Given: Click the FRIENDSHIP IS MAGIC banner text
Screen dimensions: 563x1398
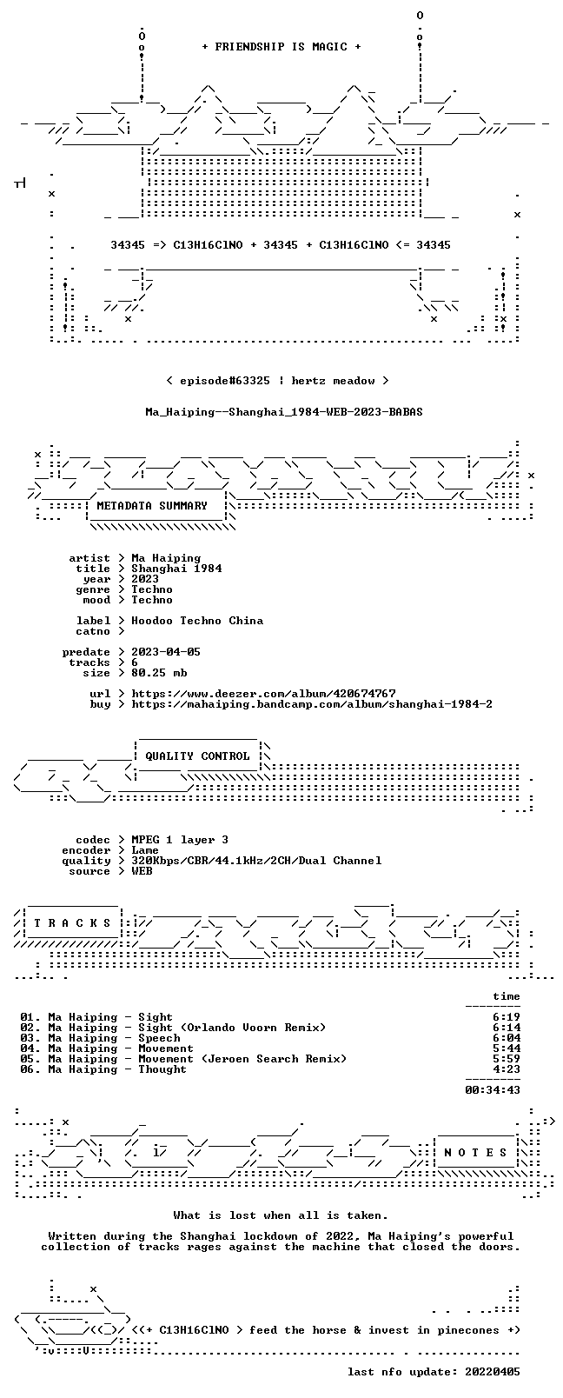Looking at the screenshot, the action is tap(281, 47).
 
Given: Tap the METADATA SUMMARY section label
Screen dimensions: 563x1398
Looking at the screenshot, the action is tap(152, 505).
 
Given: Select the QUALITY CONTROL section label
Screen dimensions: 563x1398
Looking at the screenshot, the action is tap(197, 756).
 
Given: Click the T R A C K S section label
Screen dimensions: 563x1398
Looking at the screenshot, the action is tap(72, 923).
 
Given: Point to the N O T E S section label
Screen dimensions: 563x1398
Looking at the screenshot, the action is tap(476, 1153).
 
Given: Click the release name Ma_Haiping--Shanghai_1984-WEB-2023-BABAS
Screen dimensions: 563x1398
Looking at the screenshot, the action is tap(284, 412).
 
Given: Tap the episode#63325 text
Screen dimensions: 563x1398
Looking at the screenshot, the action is tap(225, 381).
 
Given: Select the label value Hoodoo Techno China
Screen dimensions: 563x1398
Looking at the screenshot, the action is tap(197, 621).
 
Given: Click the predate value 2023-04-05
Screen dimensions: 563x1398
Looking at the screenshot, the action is tap(166, 652).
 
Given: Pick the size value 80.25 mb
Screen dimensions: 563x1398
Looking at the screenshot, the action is tap(159, 673).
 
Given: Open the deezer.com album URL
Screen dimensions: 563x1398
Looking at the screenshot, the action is tap(263, 694).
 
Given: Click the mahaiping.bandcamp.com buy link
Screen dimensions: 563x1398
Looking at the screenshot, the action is tap(312, 704).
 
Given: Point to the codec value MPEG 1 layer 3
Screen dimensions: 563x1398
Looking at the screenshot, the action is tap(180, 840).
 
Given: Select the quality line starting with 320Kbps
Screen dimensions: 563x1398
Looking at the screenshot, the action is tap(256, 862).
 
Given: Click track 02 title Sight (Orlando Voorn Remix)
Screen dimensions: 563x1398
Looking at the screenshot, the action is tap(232, 1028).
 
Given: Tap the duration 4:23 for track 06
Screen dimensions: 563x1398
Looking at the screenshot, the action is tap(507, 1069).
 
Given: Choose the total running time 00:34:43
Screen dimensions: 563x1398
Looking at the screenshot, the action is tap(493, 1090).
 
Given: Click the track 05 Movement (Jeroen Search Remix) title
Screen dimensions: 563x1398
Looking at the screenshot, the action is tap(242, 1059).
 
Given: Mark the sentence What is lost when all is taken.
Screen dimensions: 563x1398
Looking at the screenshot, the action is tap(281, 1215).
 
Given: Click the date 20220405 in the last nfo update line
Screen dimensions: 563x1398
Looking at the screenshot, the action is tap(493, 1372).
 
